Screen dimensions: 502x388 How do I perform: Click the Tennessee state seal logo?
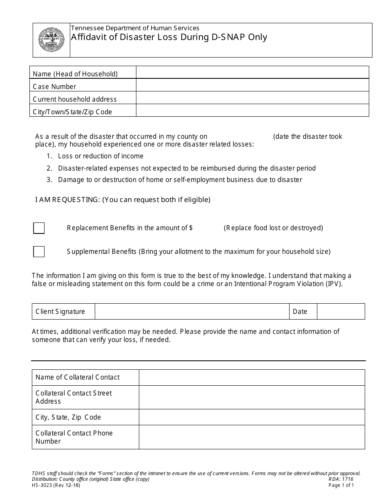click(51, 40)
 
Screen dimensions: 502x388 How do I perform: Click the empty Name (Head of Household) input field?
click(252, 73)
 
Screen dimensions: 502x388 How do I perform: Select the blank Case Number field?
click(252, 85)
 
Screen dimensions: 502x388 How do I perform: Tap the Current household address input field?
click(252, 98)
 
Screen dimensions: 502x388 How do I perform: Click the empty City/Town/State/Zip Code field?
click(252, 111)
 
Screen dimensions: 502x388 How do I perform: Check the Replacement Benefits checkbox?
click(39, 228)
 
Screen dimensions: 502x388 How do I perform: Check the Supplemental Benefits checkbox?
click(39, 252)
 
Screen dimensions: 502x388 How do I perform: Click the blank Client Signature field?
click(192, 311)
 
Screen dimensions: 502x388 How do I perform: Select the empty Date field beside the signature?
click(341, 311)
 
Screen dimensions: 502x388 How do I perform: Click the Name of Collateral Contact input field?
click(252, 378)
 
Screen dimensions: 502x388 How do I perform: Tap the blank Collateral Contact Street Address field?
click(252, 397)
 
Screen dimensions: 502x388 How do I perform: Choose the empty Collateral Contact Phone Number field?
click(252, 437)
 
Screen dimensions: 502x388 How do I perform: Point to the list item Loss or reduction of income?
click(100, 156)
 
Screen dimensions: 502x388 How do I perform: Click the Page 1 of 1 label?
click(341, 485)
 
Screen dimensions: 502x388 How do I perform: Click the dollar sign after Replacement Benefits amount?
click(191, 228)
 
